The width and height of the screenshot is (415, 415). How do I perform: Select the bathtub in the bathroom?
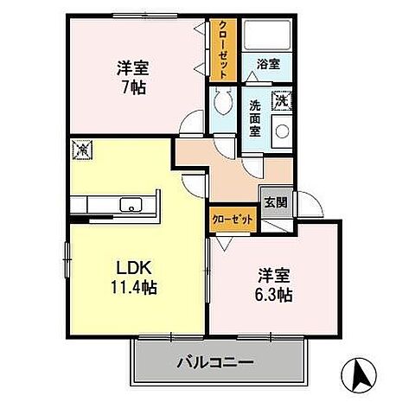click(x=267, y=35)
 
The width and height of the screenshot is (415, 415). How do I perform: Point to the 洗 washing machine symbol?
click(x=281, y=100)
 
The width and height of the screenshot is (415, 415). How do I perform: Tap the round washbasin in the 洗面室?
click(x=282, y=131)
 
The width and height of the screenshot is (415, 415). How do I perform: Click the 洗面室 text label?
click(x=255, y=118)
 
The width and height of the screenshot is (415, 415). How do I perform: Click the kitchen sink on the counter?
click(x=131, y=206)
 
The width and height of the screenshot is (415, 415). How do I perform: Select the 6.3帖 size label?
click(x=273, y=296)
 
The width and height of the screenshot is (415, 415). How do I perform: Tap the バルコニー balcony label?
click(x=216, y=362)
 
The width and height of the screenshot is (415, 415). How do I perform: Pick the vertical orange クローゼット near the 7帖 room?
click(x=221, y=49)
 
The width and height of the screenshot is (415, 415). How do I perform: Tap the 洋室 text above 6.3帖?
click(x=273, y=276)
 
